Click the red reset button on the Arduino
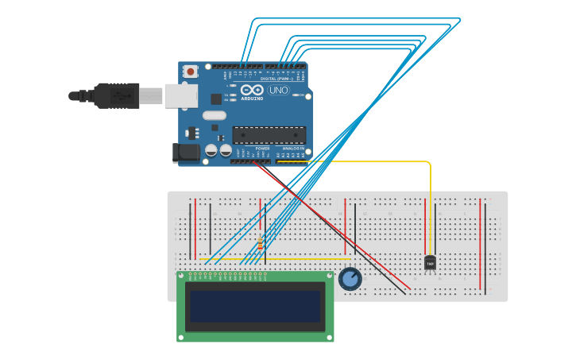[x=191, y=71]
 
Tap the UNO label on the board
[x=278, y=90]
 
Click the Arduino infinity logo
[x=252, y=90]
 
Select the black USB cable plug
[x=115, y=95]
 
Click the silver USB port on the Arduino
[x=180, y=95]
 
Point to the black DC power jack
[x=186, y=152]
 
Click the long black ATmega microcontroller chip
[x=269, y=134]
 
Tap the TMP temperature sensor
[x=430, y=262]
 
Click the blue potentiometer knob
[x=350, y=279]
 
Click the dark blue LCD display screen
[x=254, y=305]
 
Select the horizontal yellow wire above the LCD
[x=278, y=259]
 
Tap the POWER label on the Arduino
[x=262, y=148]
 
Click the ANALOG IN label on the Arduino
[x=293, y=148]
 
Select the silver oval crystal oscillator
[x=214, y=115]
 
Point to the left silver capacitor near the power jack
[x=211, y=149]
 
